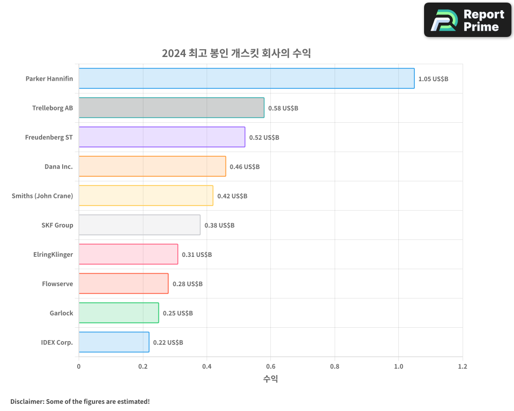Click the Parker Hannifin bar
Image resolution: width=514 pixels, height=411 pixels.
246,79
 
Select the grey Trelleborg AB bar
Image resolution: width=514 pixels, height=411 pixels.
171,108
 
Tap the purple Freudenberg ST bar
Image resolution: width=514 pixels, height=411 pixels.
162,137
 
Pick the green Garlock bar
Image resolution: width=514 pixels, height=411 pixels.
119,313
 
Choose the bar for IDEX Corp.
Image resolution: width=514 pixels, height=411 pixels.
114,342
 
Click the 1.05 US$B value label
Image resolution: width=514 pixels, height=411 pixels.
433,79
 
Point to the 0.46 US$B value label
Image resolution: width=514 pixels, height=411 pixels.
245,167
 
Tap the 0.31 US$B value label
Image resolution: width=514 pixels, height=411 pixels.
197,255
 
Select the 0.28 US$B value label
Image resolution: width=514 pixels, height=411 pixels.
187,284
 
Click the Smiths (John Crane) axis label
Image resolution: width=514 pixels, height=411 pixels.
42,196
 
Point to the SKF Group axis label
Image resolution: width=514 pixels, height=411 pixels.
57,225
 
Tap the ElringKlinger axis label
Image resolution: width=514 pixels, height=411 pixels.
53,254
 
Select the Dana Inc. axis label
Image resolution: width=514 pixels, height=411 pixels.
59,166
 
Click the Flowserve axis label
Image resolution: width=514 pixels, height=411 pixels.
58,284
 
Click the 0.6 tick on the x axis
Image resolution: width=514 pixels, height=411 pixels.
270,367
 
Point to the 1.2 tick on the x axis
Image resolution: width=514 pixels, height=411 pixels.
463,367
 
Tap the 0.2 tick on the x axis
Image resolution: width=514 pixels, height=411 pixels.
143,367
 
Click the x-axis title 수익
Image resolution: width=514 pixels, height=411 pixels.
270,379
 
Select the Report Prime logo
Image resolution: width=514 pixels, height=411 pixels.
467,20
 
